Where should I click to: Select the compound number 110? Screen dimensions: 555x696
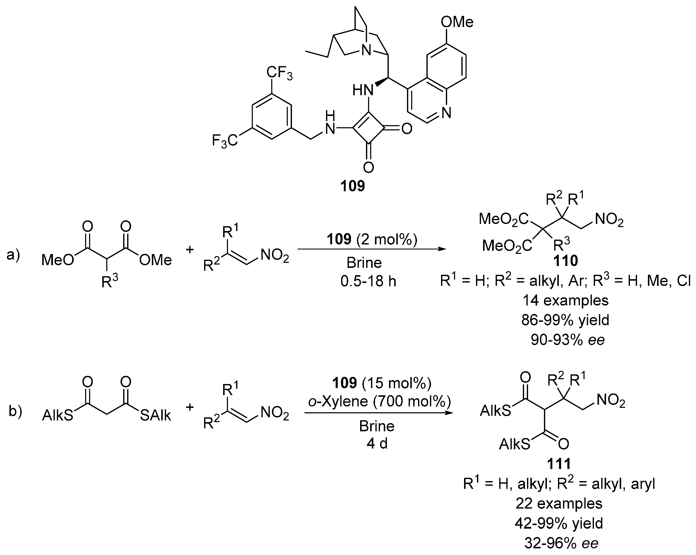[x=565, y=261]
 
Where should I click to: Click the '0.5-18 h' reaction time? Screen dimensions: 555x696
[x=368, y=282]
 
